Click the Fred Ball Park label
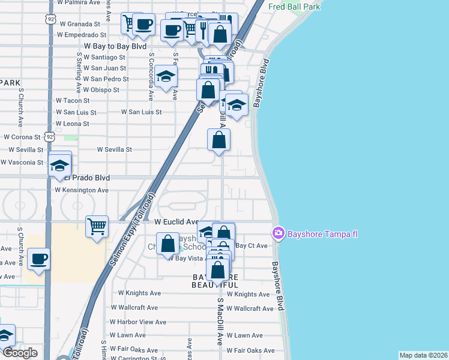click(294, 7)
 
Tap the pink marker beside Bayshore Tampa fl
click(279, 233)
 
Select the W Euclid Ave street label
click(176, 221)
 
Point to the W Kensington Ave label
click(82, 190)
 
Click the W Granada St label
click(78, 24)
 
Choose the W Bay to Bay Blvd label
click(115, 46)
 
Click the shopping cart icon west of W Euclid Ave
click(97, 227)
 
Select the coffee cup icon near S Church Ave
click(39, 259)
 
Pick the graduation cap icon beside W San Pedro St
click(166, 77)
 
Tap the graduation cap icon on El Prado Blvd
click(60, 165)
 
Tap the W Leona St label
click(72, 124)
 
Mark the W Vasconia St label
click(22, 162)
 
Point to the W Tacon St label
click(72, 101)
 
